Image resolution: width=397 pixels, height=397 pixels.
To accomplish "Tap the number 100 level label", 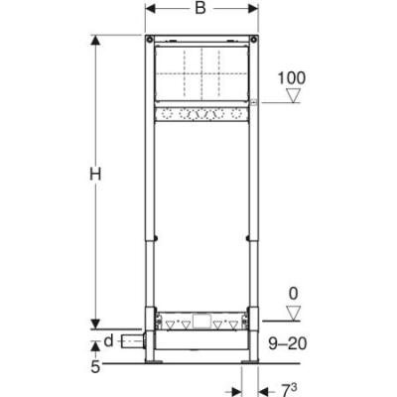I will coord(294,76).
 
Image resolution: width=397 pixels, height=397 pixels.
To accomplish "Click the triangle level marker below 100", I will coord(292,96).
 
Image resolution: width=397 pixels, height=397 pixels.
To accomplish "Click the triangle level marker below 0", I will coord(292,314).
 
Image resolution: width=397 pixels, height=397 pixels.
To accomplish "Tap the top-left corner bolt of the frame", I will coord(151,42).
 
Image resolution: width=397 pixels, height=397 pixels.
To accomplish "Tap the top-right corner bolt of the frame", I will coord(253,42).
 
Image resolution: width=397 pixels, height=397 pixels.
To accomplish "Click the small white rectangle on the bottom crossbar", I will coord(202,321).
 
